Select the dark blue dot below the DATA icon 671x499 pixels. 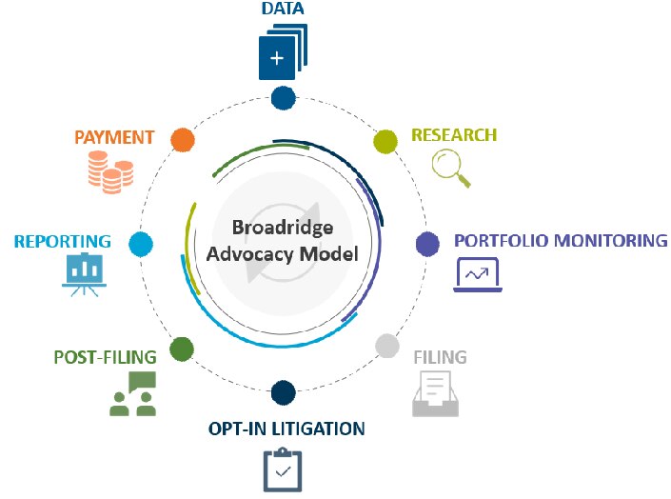coord(283,97)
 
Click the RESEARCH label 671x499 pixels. coord(454,135)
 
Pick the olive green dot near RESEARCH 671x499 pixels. coord(385,142)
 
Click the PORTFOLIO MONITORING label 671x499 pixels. coord(561,240)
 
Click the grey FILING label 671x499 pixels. coord(440,358)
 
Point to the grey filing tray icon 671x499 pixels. coord(436,394)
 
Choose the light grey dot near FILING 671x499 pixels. coord(385,346)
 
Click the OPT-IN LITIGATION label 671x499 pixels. coord(286,429)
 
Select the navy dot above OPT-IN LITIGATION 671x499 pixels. coord(283,391)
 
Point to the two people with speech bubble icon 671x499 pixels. coord(132,394)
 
